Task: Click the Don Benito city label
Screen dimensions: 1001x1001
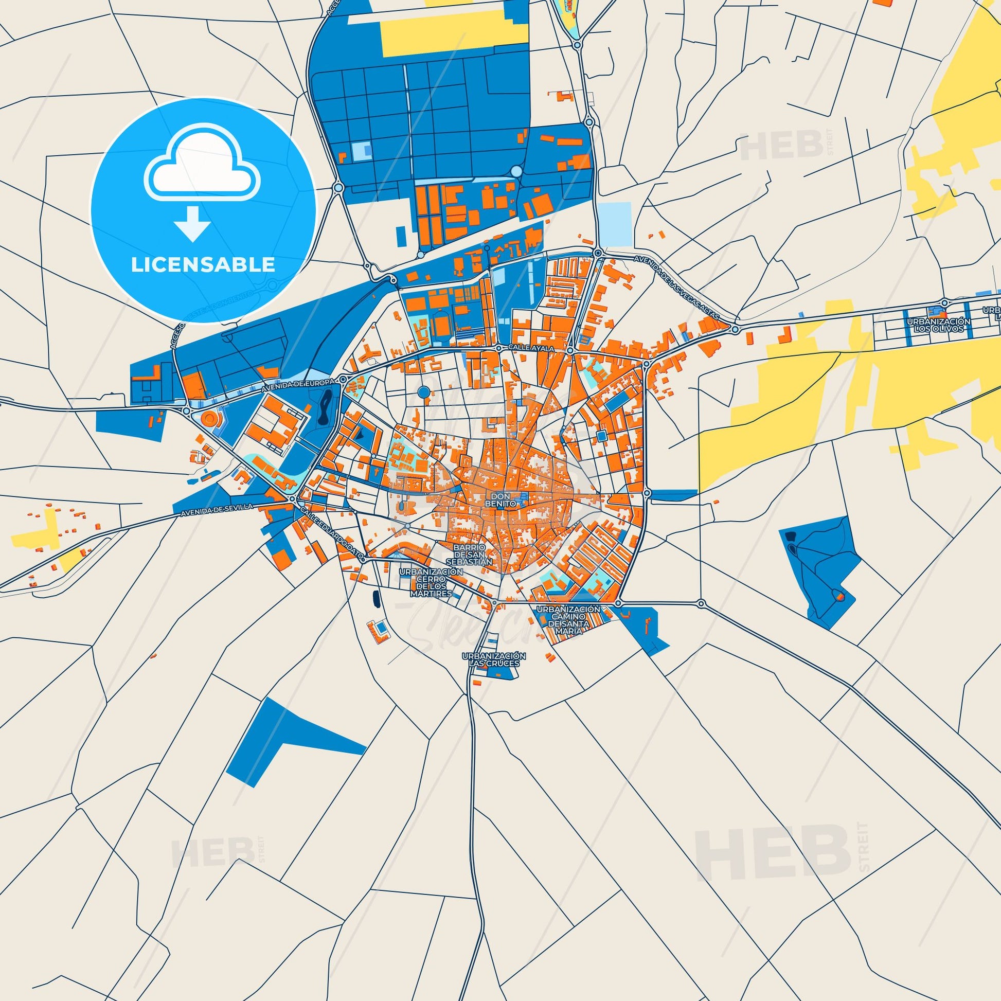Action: pyautogui.click(x=500, y=499)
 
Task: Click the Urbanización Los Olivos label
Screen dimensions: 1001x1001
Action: pyautogui.click(x=938, y=325)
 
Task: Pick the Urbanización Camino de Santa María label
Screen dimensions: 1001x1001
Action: pyautogui.click(x=568, y=620)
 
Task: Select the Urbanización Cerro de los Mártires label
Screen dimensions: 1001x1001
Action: pyautogui.click(x=431, y=582)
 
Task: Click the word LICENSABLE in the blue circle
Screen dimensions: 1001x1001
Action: pyautogui.click(x=203, y=265)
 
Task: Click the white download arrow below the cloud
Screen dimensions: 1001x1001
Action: pyautogui.click(x=192, y=223)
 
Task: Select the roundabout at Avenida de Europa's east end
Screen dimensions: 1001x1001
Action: pyautogui.click(x=343, y=380)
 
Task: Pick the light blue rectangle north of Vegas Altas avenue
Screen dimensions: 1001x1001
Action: pyautogui.click(x=615, y=224)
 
